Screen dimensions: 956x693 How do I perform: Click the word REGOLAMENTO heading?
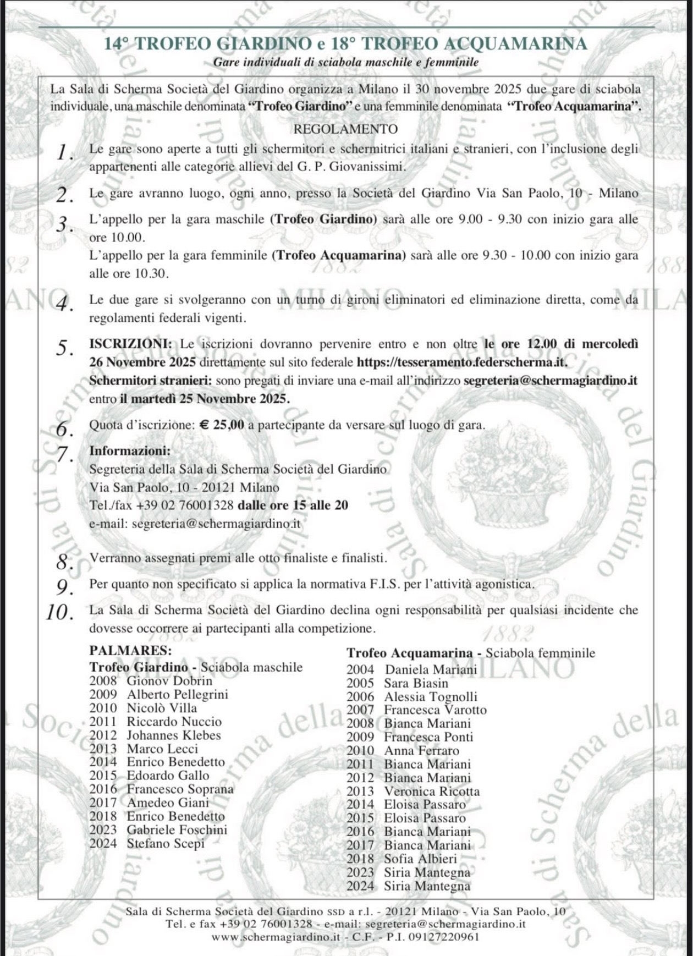coord(345,130)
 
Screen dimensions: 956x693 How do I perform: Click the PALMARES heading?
coord(130,651)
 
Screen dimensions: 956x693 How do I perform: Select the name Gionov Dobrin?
coord(169,680)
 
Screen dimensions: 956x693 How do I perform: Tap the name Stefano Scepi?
coord(166,843)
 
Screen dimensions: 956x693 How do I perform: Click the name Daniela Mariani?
coord(431,670)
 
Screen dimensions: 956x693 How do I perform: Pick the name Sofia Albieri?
coord(420,859)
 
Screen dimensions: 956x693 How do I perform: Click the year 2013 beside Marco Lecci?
coord(103,749)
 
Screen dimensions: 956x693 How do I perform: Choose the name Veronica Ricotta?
coord(432,792)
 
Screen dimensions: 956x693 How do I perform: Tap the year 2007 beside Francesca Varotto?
coord(360,710)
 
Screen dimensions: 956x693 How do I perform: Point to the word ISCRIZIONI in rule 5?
coord(130,344)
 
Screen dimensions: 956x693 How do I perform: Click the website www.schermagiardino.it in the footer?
coord(276,937)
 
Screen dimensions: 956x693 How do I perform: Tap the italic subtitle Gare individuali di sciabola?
coord(345,63)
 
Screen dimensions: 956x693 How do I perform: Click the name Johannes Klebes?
coord(174,735)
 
